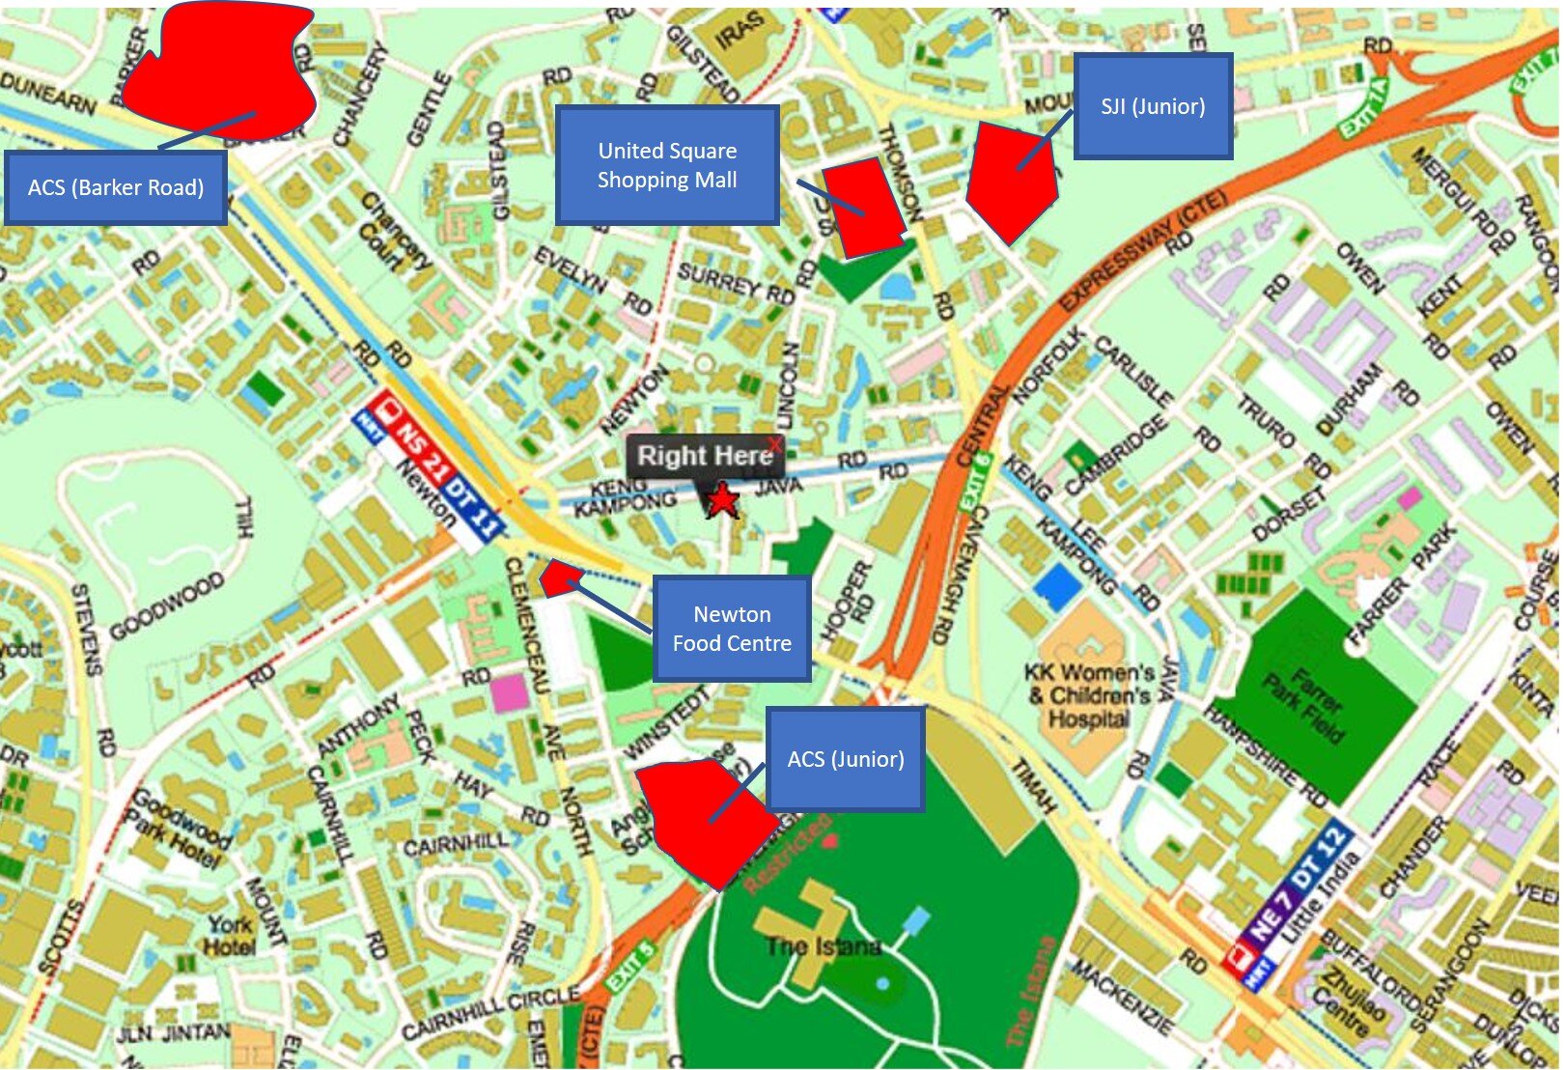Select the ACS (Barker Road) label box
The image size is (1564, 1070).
pyautogui.click(x=116, y=187)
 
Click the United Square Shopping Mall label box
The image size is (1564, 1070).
pyautogui.click(x=667, y=165)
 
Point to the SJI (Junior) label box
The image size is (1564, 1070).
pyautogui.click(x=1153, y=106)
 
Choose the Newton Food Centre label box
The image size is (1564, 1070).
pyautogui.click(x=732, y=629)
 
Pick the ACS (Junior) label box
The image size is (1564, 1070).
pyautogui.click(x=846, y=759)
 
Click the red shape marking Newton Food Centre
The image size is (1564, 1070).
pyautogui.click(x=559, y=577)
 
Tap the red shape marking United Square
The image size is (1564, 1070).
pyautogui.click(x=864, y=208)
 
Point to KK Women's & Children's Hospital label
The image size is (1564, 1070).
pyautogui.click(x=1089, y=695)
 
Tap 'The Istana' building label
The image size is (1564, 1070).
pyautogui.click(x=823, y=946)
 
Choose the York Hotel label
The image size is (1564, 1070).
pyautogui.click(x=230, y=935)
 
